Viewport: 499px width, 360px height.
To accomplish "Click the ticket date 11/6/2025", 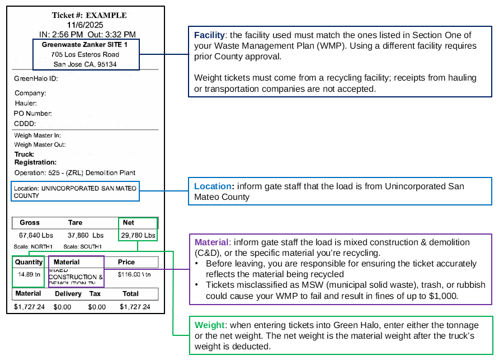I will (85, 25).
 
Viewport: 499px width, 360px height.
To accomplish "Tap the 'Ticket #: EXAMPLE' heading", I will (90, 15).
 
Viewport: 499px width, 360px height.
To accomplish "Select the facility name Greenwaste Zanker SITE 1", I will (84, 44).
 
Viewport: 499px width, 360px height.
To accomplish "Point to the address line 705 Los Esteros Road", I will (84, 54).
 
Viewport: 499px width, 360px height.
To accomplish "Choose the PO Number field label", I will (33, 114).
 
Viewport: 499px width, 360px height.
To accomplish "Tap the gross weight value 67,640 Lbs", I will (36, 236).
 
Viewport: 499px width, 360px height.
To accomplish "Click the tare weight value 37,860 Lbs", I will (86, 236).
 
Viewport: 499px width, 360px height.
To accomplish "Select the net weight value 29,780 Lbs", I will (138, 236).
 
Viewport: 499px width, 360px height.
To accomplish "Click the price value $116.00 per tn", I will (135, 275).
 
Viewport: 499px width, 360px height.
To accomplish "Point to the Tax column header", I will (95, 293).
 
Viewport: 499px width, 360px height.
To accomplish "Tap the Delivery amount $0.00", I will (62, 307).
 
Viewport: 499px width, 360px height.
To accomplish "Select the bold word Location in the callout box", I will (213, 186).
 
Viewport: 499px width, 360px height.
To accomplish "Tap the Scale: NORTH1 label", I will (34, 247).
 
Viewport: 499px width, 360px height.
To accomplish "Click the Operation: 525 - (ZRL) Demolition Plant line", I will (74, 172).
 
